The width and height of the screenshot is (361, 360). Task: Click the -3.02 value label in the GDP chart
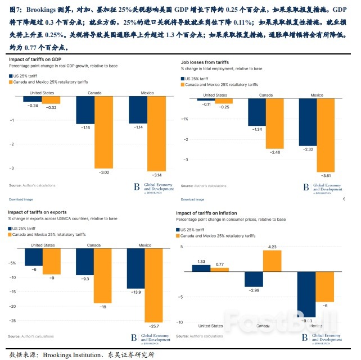[103, 172]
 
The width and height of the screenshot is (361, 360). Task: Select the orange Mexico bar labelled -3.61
[326, 135]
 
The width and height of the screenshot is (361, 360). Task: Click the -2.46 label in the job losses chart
[275, 152]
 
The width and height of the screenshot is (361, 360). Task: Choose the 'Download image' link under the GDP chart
[21, 199]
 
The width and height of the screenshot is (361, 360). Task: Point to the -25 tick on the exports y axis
[12, 321]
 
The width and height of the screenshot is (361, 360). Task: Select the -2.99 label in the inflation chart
[254, 290]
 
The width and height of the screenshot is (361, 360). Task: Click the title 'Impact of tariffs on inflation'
[214, 213]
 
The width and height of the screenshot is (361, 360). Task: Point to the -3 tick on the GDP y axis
[12, 168]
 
